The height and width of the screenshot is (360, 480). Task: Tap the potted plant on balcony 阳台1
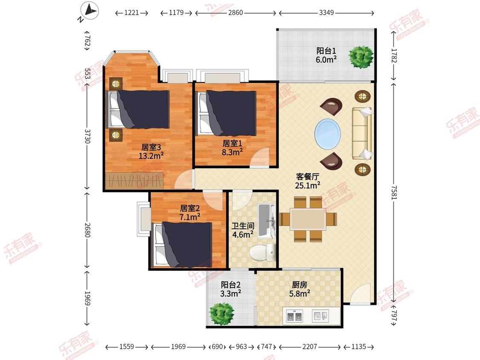pyautogui.click(x=361, y=57)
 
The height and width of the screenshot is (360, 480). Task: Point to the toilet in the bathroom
pyautogui.click(x=259, y=253)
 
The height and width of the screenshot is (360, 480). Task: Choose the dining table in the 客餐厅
pyautogui.click(x=308, y=219)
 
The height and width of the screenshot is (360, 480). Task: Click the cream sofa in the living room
pyautogui.click(x=361, y=134)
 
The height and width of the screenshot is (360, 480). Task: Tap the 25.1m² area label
pyautogui.click(x=308, y=185)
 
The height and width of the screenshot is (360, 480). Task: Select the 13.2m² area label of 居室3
pyautogui.click(x=151, y=156)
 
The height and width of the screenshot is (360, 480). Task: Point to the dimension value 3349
pyautogui.click(x=326, y=13)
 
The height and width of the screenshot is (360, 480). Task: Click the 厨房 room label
pyautogui.click(x=301, y=285)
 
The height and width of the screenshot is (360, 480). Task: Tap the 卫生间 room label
pyautogui.click(x=242, y=226)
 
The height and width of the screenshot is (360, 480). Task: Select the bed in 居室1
pyautogui.click(x=226, y=113)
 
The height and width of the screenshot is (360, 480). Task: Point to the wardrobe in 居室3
pyautogui.click(x=135, y=180)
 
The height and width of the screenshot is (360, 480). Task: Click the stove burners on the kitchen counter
pyautogui.click(x=294, y=316)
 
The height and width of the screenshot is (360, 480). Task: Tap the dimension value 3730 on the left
pyautogui.click(x=87, y=137)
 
